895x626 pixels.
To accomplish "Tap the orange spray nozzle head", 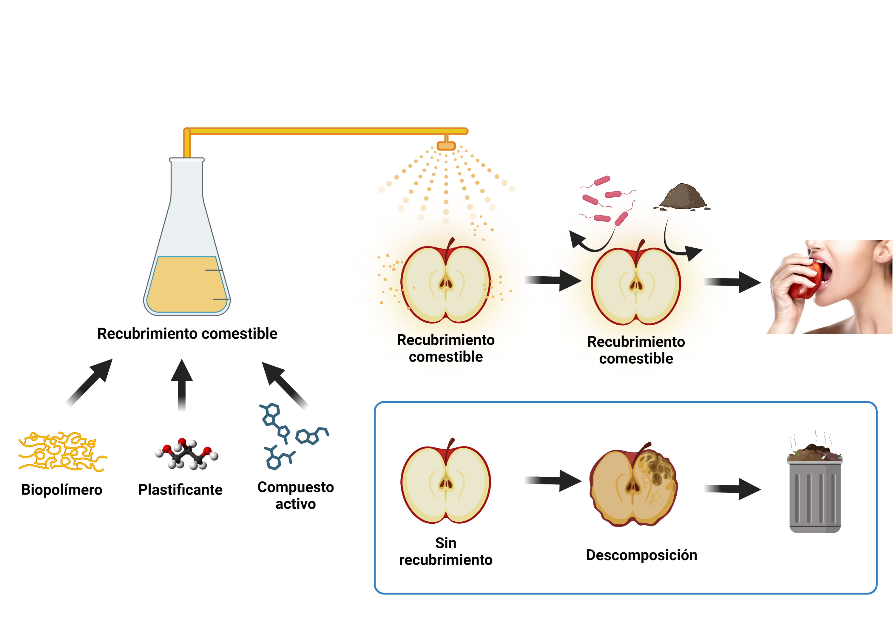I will [x=446, y=146].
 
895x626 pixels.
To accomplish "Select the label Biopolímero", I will [x=61, y=490].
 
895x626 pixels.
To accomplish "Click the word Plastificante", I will [x=180, y=490].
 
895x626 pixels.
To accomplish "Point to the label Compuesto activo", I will [x=295, y=495].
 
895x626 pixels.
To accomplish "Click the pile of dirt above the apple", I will [x=682, y=197].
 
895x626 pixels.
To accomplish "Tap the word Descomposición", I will [x=641, y=555].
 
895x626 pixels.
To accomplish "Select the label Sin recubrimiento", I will [x=445, y=551].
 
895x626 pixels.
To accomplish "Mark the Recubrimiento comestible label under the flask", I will [x=187, y=334].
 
